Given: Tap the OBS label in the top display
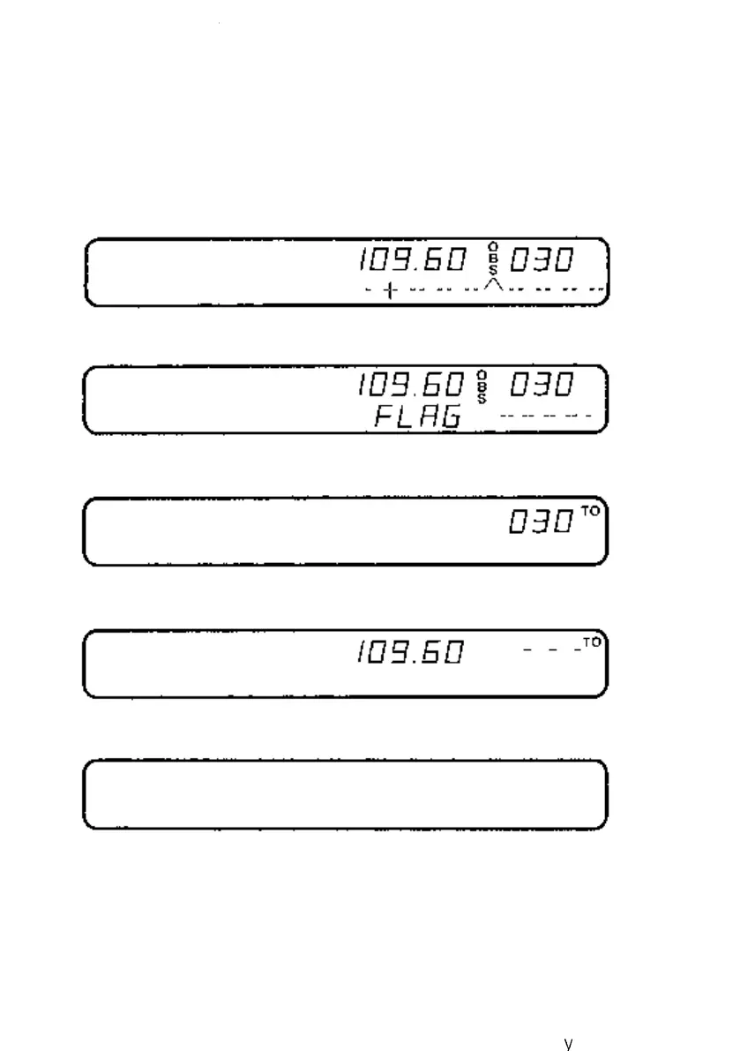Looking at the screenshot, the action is pyautogui.click(x=493, y=261).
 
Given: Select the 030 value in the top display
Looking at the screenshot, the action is pyautogui.click(x=542, y=261).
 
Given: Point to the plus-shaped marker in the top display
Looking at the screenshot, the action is pyautogui.click(x=389, y=291).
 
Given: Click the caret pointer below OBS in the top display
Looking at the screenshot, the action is pyautogui.click(x=494, y=285).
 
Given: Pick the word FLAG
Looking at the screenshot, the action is pyautogui.click(x=417, y=417).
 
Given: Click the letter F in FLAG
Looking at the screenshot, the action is pyautogui.click(x=384, y=417).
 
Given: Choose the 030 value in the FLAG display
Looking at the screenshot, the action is pyautogui.click(x=542, y=386).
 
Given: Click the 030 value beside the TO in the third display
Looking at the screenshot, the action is pyautogui.click(x=542, y=523).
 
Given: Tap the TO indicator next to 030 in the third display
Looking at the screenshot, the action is pyautogui.click(x=588, y=513).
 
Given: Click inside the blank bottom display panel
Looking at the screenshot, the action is pyautogui.click(x=345, y=794).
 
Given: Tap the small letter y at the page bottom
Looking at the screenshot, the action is pyautogui.click(x=569, y=1043).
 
